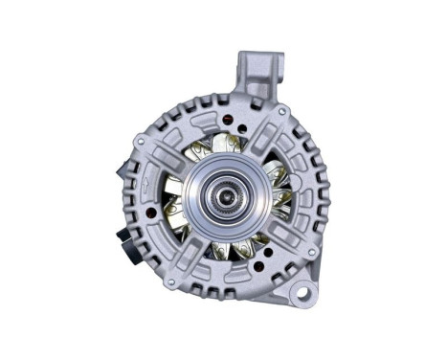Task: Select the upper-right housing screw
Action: click(287, 133)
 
